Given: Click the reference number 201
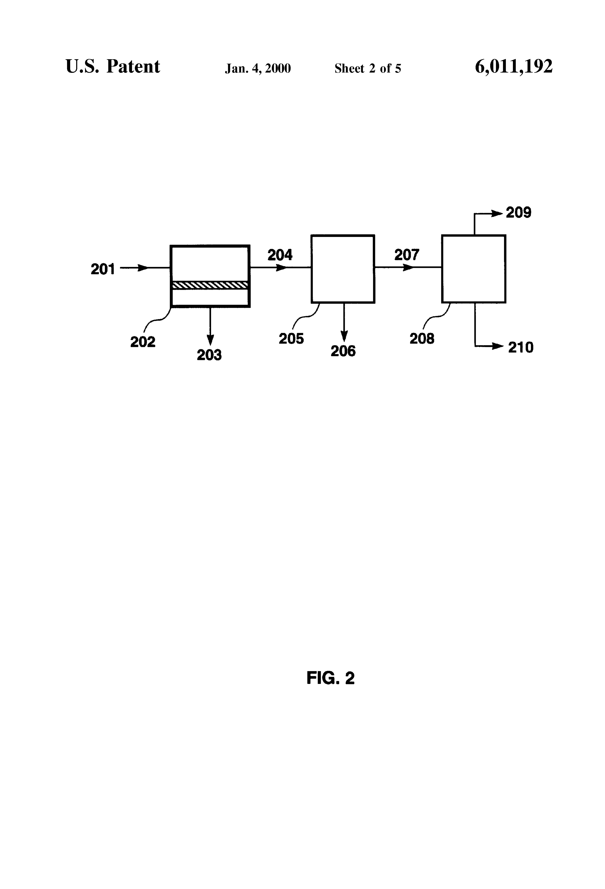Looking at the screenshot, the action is click(102, 269).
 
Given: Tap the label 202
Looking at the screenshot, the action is click(143, 342).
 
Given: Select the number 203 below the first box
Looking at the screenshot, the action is click(209, 355).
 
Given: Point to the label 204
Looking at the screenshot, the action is click(280, 255).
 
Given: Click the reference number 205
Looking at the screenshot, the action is click(291, 339).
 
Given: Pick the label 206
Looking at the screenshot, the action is click(343, 351).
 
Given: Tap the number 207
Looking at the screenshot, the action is click(407, 255).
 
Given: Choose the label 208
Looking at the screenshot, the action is click(422, 339).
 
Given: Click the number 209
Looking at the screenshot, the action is click(519, 213).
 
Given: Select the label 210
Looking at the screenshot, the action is click(521, 347).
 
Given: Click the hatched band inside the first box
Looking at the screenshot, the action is click(210, 285).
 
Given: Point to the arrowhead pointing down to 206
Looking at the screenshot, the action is click(344, 336).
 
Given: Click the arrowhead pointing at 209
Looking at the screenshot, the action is click(497, 213).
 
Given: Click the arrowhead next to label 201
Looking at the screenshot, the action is click(143, 268).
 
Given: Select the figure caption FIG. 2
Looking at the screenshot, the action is click(330, 678).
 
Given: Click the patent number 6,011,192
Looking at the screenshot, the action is click(514, 67).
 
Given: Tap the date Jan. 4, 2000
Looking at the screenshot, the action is click(258, 68).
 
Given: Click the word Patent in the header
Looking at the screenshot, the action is click(133, 66).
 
